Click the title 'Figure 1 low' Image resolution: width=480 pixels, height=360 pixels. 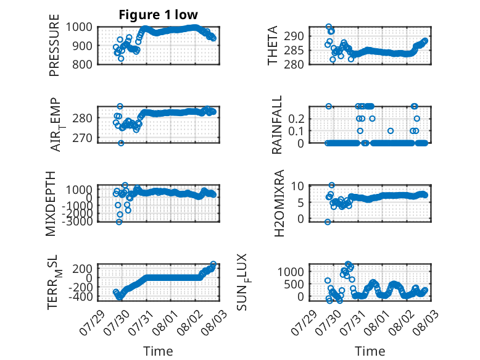point(159,15)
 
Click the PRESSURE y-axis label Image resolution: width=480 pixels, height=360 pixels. point(54,45)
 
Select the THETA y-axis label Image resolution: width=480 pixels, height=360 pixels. point(272,45)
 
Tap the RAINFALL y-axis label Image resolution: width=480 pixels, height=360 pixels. point(276,124)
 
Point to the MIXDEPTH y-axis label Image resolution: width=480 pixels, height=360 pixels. point(51,203)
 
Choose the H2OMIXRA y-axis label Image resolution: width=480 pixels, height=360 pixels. point(279,203)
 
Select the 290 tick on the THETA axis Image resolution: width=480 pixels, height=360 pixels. point(294,36)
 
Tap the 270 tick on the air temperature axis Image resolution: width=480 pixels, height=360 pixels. point(82,138)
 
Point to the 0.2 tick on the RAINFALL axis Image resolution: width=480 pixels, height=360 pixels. point(296,119)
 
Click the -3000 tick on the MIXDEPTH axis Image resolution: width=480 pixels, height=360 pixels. point(77,221)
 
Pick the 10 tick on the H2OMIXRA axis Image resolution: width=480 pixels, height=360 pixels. point(297,186)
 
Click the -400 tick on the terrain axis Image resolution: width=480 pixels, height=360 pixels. point(80,296)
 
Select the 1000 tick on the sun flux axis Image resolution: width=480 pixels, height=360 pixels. point(291,272)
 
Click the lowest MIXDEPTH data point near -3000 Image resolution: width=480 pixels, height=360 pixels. point(119,222)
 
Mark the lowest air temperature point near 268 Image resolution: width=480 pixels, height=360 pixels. point(121,143)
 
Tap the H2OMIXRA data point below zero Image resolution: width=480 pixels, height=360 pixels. point(328,222)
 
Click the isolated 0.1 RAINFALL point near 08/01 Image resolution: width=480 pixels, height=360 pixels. point(391,131)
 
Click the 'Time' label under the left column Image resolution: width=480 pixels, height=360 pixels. point(158,351)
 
